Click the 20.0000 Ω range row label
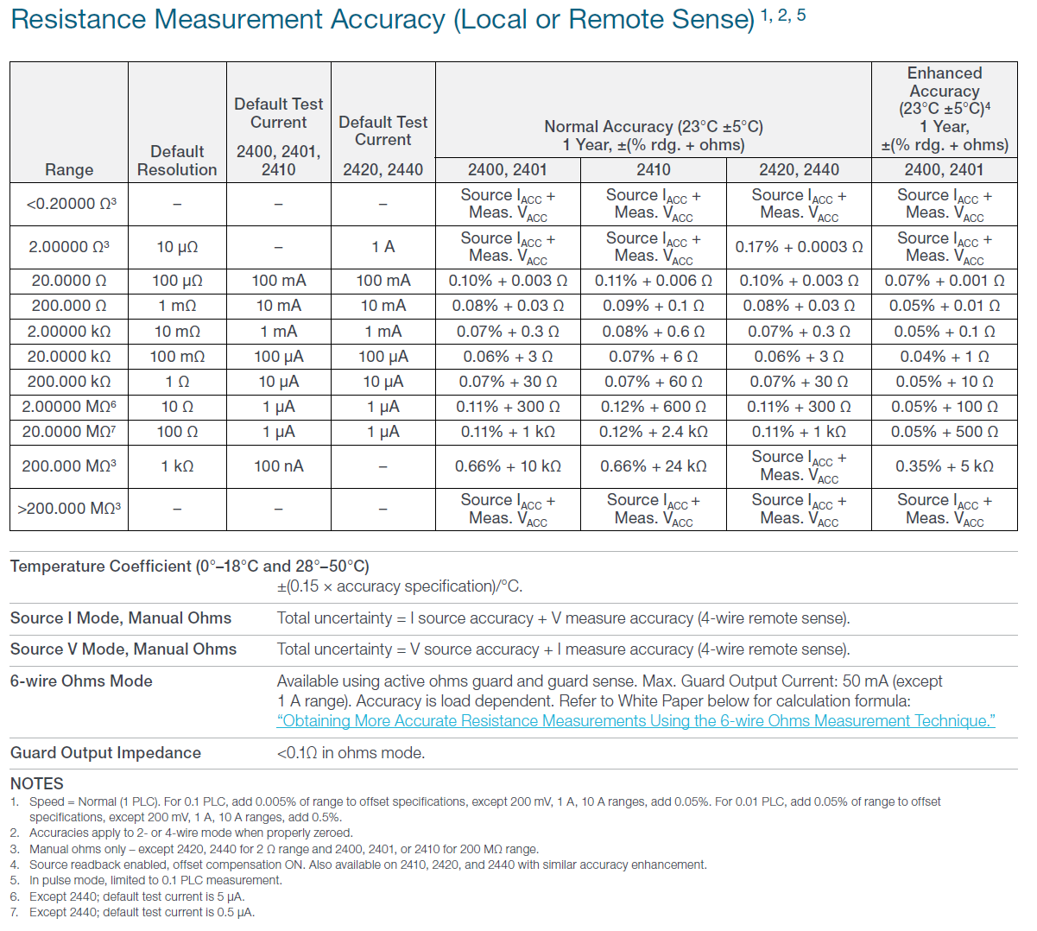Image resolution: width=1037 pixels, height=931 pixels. coord(69,281)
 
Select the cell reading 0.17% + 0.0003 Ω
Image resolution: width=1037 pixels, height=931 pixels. coord(799,247)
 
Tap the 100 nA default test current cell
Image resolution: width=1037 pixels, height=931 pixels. coord(278,466)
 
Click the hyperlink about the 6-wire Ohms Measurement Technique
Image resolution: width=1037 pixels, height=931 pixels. coord(635,721)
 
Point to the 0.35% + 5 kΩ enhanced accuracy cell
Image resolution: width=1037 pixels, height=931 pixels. coord(944,466)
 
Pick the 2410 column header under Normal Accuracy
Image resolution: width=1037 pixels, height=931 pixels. coord(654,170)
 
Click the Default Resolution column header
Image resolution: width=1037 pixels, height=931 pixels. coord(177,161)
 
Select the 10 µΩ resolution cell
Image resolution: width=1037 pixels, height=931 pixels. coord(177,247)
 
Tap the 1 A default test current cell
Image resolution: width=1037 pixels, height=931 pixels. coord(383,247)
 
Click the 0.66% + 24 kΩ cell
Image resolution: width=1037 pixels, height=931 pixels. coord(654,466)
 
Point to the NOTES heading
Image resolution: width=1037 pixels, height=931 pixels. coord(37,783)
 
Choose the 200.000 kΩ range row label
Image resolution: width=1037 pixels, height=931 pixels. coord(69,382)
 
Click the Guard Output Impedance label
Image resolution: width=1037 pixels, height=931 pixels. coord(105,753)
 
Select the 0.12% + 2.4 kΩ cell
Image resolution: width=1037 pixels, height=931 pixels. coord(654,432)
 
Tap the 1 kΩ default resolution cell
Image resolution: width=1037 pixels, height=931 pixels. coord(177,466)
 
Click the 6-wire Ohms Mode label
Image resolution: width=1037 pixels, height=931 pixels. coord(81,681)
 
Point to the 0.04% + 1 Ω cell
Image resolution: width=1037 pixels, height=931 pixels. coord(944,357)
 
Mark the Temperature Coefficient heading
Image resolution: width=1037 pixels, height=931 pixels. coord(190,567)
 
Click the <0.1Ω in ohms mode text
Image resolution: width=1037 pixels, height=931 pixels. coord(351,753)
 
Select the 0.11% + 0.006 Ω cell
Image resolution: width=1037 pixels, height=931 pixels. coord(654,281)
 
